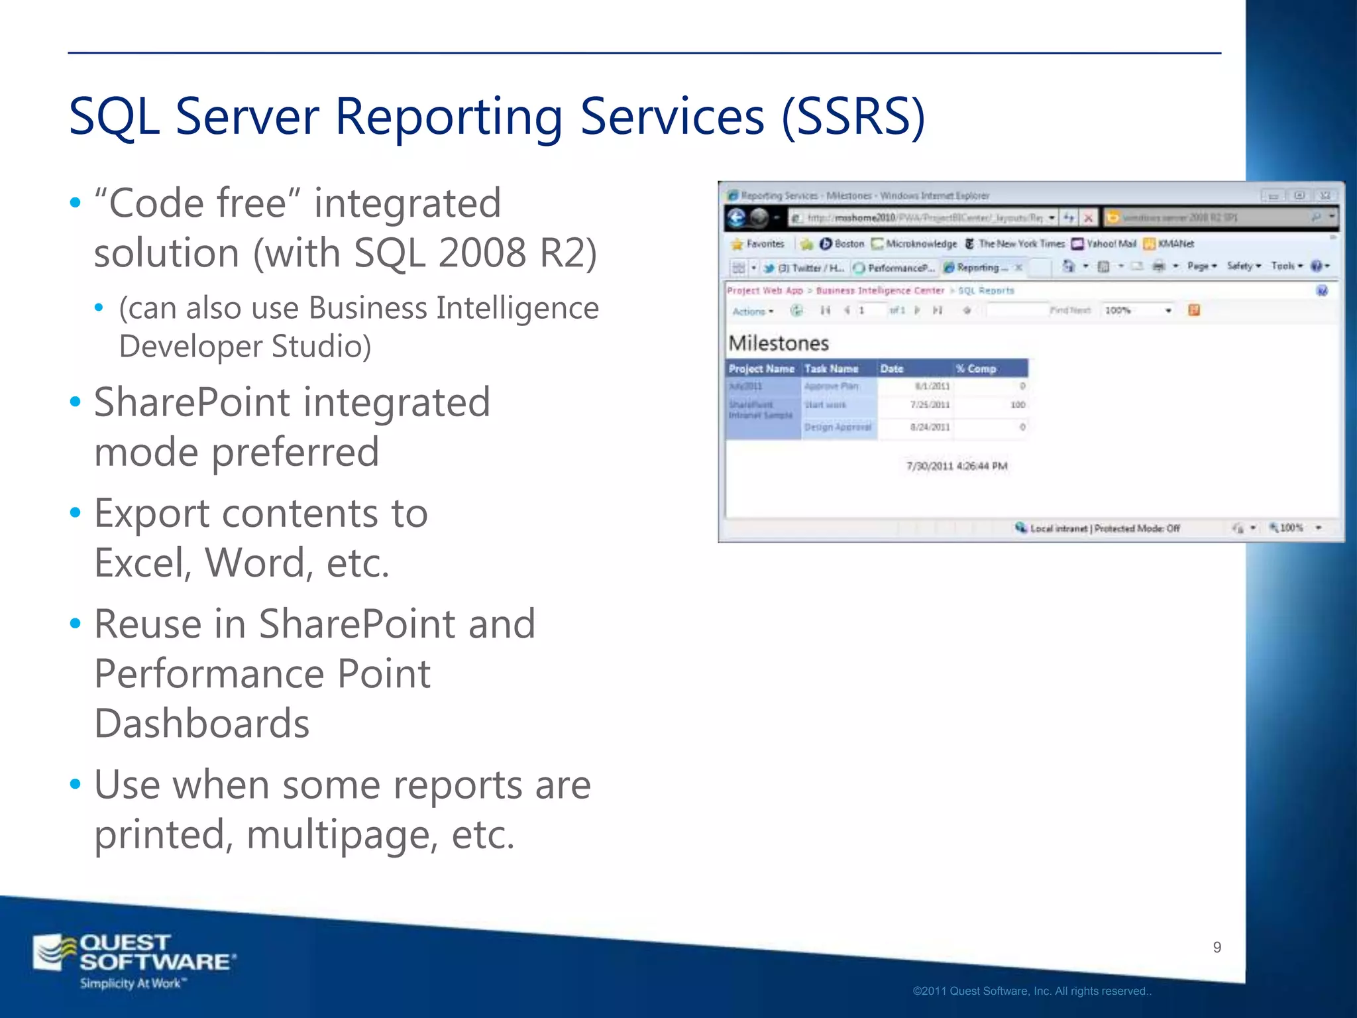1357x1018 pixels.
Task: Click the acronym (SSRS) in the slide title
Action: [x=853, y=117]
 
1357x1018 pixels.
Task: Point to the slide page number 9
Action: [x=1217, y=947]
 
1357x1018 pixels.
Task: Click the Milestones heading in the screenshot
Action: [x=779, y=343]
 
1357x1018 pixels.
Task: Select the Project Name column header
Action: [x=761, y=368]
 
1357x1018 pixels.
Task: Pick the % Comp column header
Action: [x=975, y=368]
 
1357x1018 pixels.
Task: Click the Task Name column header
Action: [x=831, y=368]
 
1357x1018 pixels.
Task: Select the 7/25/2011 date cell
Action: [x=930, y=404]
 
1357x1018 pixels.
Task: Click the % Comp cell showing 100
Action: [x=1018, y=404]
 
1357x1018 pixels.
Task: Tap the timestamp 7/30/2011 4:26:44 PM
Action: [x=956, y=466]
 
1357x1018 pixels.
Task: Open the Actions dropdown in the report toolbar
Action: [x=753, y=311]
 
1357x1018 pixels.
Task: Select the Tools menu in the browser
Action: [x=1286, y=266]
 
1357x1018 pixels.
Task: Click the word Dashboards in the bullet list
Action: [x=202, y=724]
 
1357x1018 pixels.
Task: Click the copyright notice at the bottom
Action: [x=1032, y=991]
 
